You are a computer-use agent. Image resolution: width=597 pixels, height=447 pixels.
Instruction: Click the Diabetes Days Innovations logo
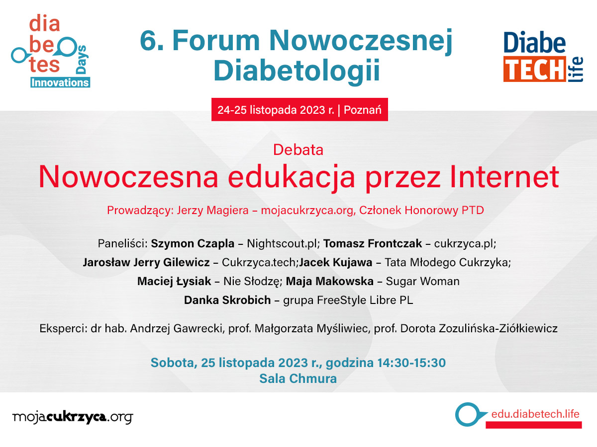point(51,51)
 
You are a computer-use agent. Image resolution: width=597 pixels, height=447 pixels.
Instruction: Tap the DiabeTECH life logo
point(543,57)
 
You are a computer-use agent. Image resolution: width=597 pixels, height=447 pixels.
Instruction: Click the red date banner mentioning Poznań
point(299,110)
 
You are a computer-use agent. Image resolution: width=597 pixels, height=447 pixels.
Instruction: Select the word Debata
point(298,150)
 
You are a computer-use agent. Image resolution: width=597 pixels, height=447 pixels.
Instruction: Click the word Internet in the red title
point(504,177)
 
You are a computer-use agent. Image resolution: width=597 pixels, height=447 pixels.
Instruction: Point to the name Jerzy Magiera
point(213,210)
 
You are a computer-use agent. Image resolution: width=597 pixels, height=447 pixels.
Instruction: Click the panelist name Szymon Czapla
point(193,243)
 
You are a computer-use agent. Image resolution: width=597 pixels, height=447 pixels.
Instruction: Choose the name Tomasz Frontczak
point(373,243)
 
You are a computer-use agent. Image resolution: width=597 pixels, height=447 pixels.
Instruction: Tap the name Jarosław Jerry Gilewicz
point(146,262)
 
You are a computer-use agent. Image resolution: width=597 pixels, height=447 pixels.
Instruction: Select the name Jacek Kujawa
point(336,262)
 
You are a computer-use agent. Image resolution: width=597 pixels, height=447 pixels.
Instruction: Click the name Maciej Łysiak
point(174,281)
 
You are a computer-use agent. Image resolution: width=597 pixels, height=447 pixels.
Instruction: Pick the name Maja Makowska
point(330,281)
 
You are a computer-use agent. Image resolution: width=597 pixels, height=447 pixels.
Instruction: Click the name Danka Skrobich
point(227,300)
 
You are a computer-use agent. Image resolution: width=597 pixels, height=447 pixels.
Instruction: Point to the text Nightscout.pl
point(284,243)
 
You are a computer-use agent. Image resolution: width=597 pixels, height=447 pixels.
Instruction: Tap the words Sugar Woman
point(423,282)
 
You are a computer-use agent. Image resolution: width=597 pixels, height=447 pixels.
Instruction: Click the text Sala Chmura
point(298,378)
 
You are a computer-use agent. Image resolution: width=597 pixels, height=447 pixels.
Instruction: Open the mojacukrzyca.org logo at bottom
point(73,417)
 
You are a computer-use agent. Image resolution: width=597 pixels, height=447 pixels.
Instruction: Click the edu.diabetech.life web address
point(535,414)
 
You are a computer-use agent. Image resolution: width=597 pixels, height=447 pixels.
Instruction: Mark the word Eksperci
point(63,329)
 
